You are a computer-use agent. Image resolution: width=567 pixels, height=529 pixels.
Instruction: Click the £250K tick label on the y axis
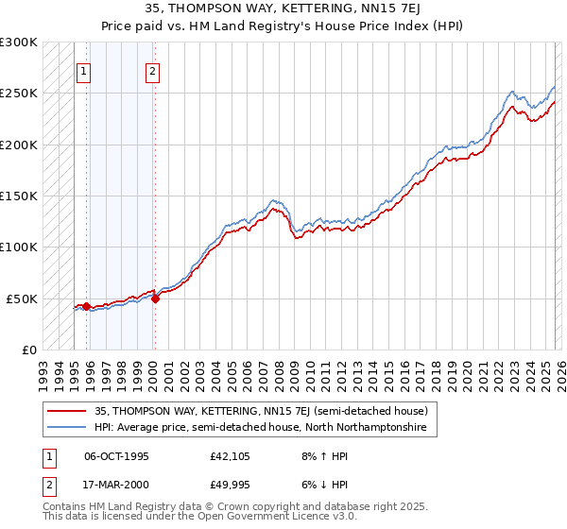tap(19, 94)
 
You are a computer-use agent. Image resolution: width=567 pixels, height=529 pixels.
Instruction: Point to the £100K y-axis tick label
tap(19, 247)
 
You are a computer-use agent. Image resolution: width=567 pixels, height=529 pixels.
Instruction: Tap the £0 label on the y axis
tap(28, 350)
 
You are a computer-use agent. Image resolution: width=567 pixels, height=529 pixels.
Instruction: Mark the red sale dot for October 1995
tap(86, 306)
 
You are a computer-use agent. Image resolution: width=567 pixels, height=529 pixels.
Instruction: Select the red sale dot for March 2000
tap(155, 299)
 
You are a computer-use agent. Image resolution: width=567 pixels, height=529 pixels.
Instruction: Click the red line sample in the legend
tap(67, 411)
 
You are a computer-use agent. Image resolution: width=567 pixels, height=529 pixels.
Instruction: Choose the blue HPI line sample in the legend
tap(67, 428)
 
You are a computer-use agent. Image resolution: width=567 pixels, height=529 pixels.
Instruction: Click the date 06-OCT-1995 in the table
tap(116, 456)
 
